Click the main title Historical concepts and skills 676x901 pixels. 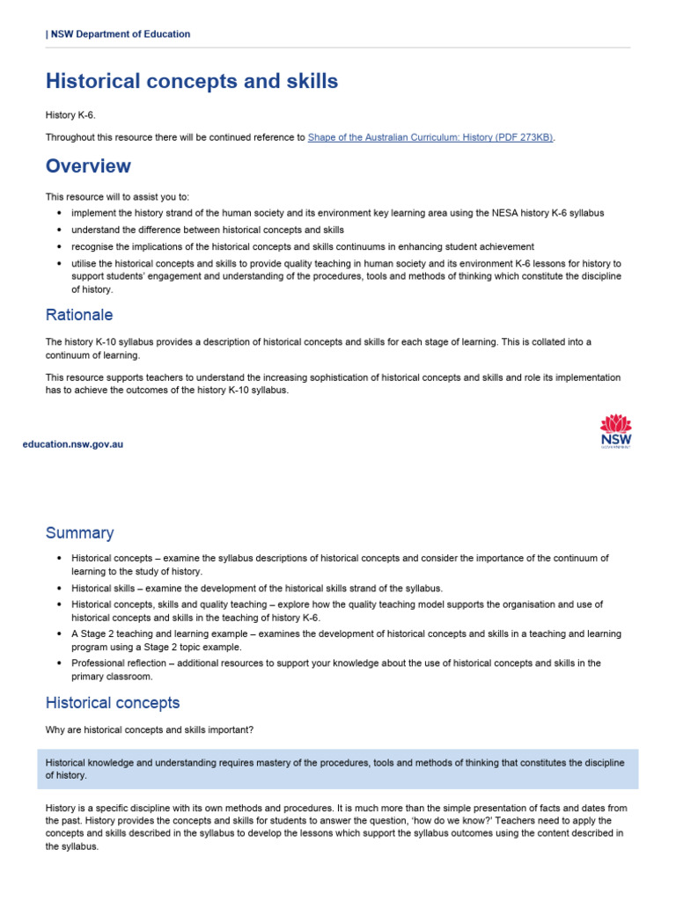192,81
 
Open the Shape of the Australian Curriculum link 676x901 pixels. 430,137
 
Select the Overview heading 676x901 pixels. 88,166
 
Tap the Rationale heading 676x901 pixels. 79,315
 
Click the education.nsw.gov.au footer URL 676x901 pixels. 73,444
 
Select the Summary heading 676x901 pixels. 80,533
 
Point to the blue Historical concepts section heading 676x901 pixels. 113,703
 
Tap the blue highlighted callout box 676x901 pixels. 338,769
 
